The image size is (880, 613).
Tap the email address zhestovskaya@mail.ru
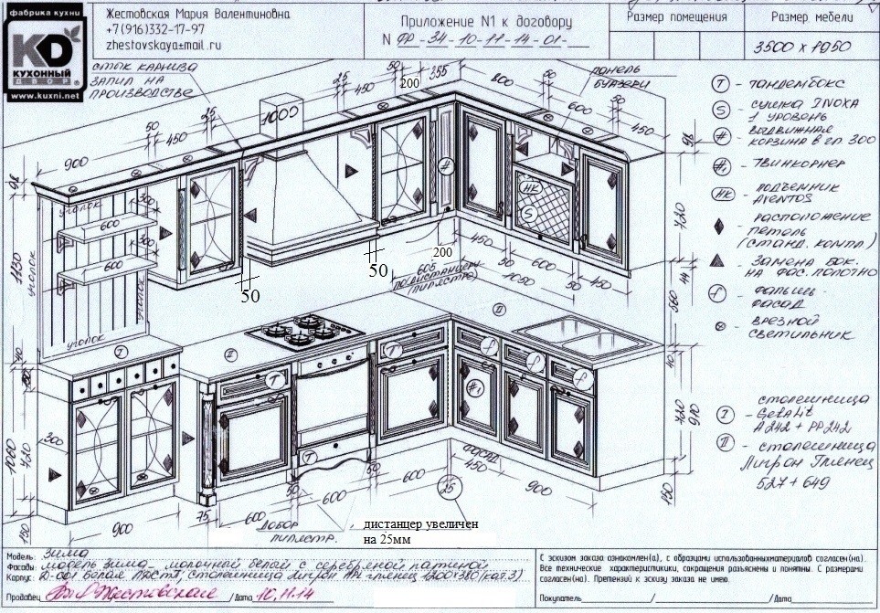[x=164, y=44]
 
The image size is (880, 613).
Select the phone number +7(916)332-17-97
[x=155, y=29]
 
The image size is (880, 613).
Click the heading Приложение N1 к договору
[x=473, y=21]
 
